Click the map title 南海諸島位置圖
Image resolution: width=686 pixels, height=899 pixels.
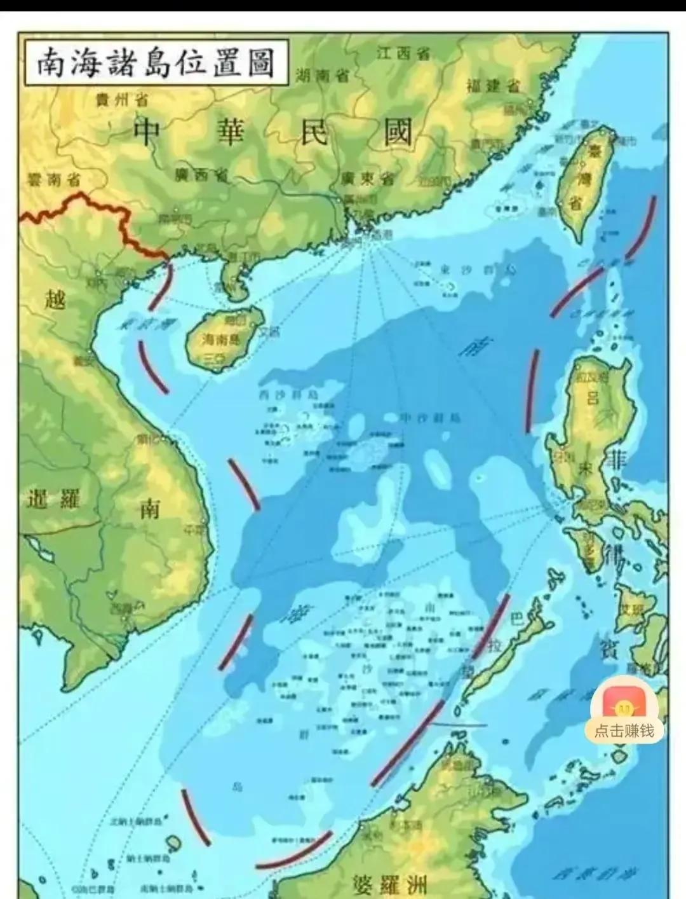click(155, 64)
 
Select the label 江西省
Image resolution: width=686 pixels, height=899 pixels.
click(403, 53)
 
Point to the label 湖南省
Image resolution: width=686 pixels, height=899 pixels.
click(323, 76)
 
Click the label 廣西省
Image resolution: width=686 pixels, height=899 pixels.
click(203, 174)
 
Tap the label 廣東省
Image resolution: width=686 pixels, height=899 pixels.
click(367, 178)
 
